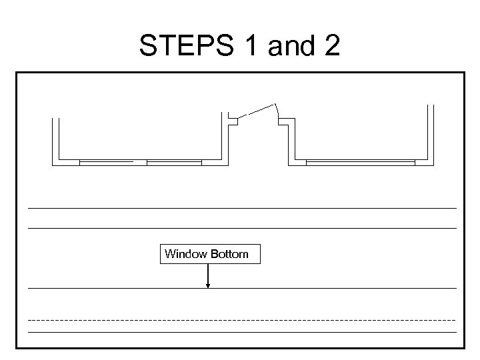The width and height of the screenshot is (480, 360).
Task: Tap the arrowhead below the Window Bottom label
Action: (x=208, y=285)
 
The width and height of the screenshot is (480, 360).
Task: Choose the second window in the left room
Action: (x=174, y=161)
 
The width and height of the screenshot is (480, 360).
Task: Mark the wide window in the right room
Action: (x=360, y=161)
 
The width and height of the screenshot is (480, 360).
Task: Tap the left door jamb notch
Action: (x=233, y=120)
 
